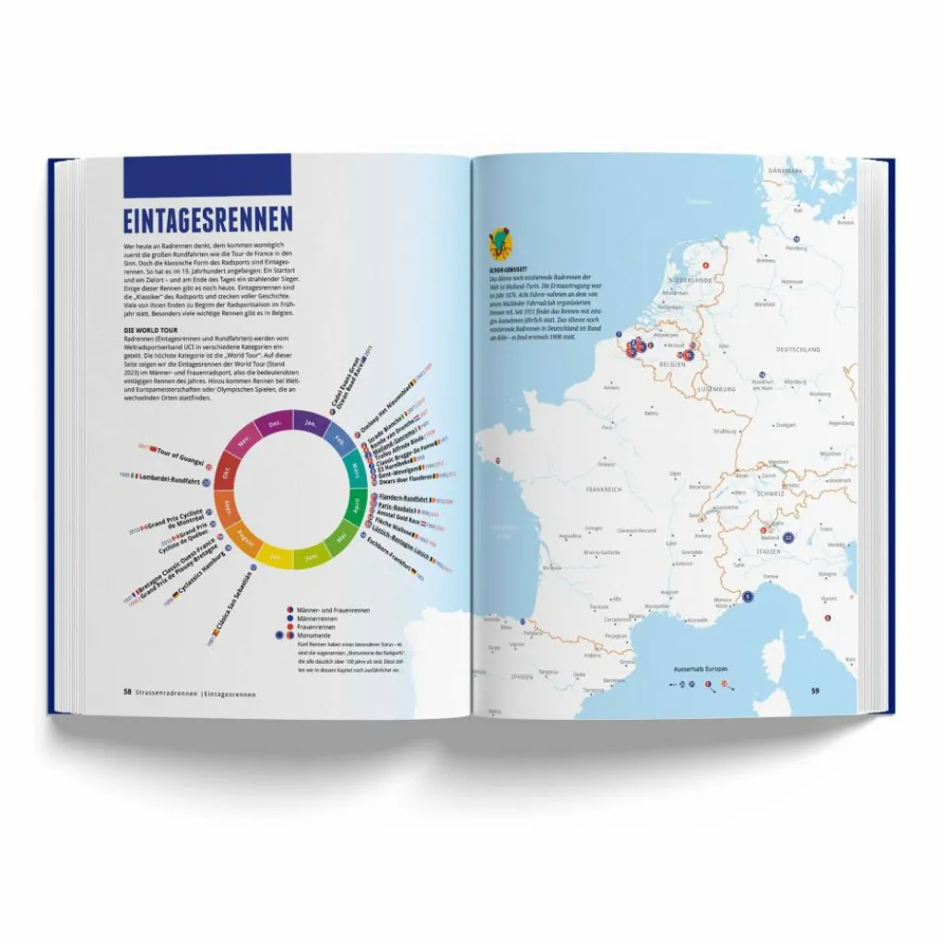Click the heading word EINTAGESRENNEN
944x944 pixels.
(x=208, y=221)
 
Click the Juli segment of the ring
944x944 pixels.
(x=274, y=556)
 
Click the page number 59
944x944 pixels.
(x=815, y=691)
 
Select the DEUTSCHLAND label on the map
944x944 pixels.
(x=798, y=349)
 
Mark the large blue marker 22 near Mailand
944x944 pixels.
(x=788, y=537)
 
